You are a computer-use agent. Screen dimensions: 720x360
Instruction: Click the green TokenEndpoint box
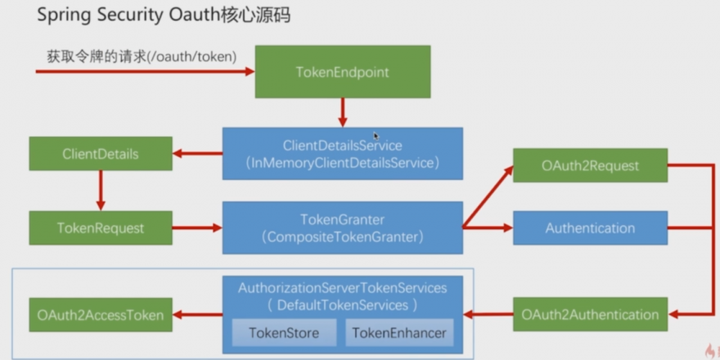pos(343,71)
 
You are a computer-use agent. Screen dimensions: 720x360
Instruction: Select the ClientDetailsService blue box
pos(343,153)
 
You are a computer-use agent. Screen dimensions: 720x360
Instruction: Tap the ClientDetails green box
pos(101,153)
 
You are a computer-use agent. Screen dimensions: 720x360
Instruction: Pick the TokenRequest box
pos(101,228)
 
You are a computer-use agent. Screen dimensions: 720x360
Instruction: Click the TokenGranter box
pos(343,228)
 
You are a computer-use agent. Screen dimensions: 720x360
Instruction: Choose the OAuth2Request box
pos(590,166)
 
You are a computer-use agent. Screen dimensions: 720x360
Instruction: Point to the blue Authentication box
pos(590,228)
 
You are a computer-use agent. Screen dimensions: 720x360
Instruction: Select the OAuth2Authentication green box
pos(590,315)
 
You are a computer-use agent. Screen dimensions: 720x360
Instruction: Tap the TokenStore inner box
pos(284,333)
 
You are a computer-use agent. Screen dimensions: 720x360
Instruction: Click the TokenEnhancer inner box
pos(400,333)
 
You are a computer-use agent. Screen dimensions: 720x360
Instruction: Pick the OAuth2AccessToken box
pos(101,315)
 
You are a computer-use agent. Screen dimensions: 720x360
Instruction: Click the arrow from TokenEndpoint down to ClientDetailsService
pos(343,112)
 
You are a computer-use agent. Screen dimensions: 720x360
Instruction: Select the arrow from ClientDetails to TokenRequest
pos(101,191)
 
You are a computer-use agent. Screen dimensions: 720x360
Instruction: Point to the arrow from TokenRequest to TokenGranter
pos(197,228)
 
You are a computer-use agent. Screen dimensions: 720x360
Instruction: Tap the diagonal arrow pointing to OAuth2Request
pos(488,197)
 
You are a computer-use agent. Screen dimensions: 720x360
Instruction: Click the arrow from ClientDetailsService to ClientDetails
pos(197,153)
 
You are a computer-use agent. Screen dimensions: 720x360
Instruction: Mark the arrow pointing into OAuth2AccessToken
pos(197,315)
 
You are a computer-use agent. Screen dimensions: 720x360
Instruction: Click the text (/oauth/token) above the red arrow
pos(192,57)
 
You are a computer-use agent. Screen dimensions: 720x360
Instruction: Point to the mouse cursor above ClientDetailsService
pos(376,136)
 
